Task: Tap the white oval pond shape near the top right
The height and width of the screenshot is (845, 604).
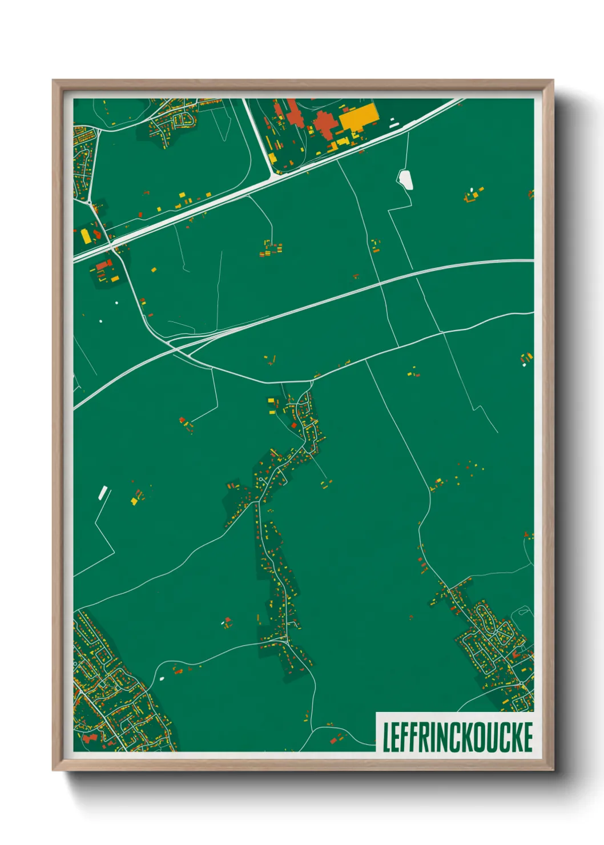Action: point(405,179)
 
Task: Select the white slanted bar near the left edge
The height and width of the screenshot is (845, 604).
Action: point(103,493)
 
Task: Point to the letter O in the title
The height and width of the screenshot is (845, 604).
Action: point(474,737)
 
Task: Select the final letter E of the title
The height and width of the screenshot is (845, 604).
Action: point(527,737)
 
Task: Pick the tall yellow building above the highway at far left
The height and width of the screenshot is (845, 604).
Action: point(86,236)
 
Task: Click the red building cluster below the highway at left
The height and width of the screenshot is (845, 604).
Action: point(103,265)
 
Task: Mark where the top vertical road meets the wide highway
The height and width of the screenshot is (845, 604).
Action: point(272,175)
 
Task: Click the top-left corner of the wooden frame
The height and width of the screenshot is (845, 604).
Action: point(54,81)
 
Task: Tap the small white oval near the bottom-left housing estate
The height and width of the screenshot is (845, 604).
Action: point(162,678)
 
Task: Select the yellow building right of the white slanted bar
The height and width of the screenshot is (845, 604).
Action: point(134,501)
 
